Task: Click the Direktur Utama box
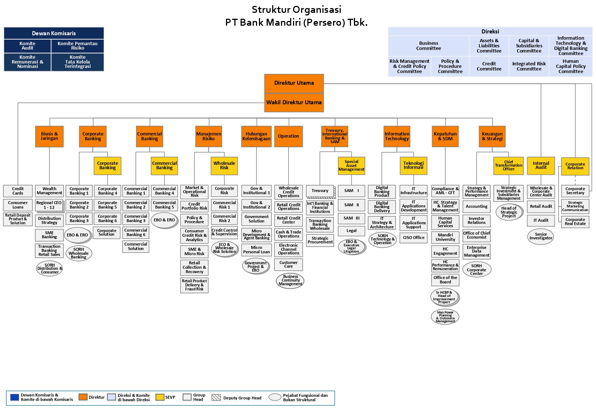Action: (294, 83)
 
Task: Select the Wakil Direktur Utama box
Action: (294, 102)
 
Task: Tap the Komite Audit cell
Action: (28, 46)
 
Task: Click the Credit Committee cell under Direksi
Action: (489, 66)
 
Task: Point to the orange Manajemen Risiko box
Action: (209, 136)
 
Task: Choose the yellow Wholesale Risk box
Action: (224, 166)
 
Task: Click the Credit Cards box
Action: (18, 191)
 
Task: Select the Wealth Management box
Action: (50, 191)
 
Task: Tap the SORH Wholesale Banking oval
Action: (78, 253)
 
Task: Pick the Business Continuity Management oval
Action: (290, 280)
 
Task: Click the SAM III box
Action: (351, 218)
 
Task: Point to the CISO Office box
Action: (414, 238)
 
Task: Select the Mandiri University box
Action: (445, 237)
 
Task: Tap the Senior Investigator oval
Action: (541, 236)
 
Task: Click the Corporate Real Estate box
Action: (575, 222)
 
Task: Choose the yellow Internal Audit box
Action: (541, 165)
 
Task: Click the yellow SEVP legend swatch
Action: (160, 397)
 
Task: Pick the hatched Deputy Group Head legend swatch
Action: (216, 397)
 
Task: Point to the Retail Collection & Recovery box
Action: (194, 267)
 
